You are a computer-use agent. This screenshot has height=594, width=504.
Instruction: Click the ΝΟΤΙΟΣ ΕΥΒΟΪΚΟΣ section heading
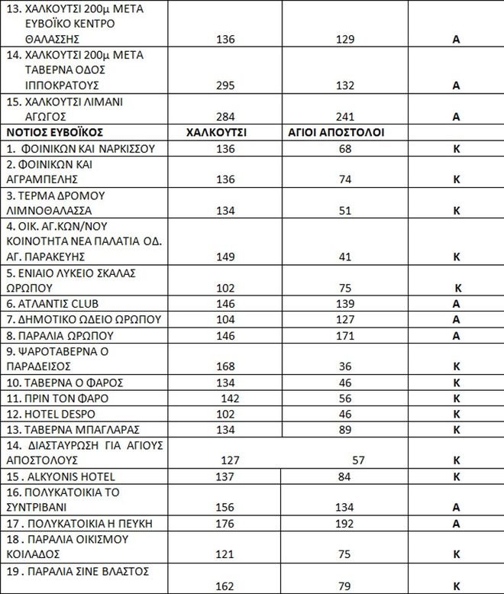click(44, 132)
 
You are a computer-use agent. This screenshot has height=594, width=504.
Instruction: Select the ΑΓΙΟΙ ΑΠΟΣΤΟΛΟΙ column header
click(335, 132)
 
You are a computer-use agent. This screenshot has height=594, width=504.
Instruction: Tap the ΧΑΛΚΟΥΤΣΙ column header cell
click(216, 132)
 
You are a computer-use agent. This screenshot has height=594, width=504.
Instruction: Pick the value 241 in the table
click(346, 117)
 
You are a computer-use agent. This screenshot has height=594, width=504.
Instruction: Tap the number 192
click(345, 524)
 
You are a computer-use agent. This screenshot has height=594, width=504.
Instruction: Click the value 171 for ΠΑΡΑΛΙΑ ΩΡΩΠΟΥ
click(346, 334)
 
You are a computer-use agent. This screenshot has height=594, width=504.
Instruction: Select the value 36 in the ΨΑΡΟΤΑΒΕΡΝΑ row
click(346, 366)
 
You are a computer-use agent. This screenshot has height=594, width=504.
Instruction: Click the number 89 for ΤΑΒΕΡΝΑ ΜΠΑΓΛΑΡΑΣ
click(346, 429)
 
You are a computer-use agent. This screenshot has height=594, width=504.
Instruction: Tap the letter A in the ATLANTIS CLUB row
click(456, 303)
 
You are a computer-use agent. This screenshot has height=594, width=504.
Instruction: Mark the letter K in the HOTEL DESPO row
click(456, 414)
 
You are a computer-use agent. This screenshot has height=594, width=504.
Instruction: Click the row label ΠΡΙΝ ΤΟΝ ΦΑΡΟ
click(57, 398)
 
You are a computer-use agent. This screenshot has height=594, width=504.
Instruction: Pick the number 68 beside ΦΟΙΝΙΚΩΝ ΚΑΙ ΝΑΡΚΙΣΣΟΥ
click(346, 148)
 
